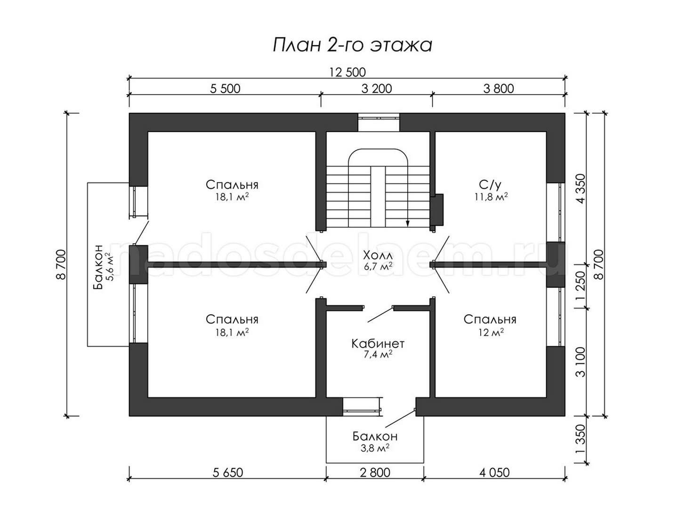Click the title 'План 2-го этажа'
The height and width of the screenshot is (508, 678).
(352, 46)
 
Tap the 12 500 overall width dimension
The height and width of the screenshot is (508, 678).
(347, 72)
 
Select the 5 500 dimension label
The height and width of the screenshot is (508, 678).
(225, 89)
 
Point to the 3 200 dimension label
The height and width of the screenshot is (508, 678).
(377, 89)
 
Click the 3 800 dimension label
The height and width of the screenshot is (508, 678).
(499, 89)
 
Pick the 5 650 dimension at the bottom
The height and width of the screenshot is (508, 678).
(228, 473)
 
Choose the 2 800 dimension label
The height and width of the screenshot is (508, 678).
(375, 473)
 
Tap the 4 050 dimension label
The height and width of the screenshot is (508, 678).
(494, 473)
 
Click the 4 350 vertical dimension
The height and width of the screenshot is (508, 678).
(581, 189)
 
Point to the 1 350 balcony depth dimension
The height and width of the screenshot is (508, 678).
(581, 438)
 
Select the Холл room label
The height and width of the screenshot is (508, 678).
(378, 255)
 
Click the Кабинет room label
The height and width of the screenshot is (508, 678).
(378, 343)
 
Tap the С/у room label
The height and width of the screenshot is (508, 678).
(490, 184)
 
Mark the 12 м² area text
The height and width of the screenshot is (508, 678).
(491, 332)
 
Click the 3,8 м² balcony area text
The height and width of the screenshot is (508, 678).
(375, 447)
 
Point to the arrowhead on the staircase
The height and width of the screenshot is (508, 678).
(408, 223)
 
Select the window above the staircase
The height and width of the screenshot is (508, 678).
(379, 122)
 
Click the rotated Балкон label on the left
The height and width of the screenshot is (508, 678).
(98, 267)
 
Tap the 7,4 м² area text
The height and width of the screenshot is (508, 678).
(378, 354)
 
